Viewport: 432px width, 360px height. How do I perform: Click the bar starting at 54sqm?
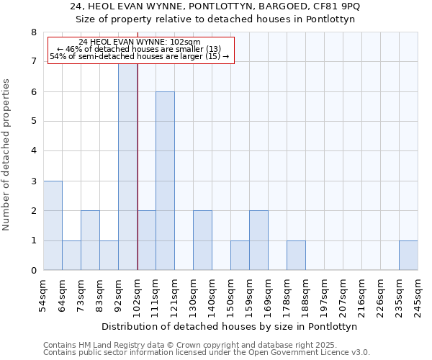point(53,225)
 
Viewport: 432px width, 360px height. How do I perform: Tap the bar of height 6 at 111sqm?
point(165,181)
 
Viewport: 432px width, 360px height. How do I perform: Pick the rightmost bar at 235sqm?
point(408,255)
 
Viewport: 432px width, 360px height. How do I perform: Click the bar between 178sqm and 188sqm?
point(296,255)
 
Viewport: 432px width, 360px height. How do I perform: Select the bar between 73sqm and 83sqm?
point(90,240)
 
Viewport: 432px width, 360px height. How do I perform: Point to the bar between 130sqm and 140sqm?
point(202,240)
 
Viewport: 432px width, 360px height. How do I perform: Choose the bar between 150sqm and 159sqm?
point(240,255)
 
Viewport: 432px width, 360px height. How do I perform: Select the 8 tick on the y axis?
point(33,32)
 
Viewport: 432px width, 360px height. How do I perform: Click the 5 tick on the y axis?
point(33,122)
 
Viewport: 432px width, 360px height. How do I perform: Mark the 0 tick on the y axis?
point(33,271)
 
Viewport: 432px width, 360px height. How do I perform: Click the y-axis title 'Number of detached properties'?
point(7,155)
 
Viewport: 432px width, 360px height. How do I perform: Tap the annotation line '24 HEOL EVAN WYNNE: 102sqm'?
point(140,42)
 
